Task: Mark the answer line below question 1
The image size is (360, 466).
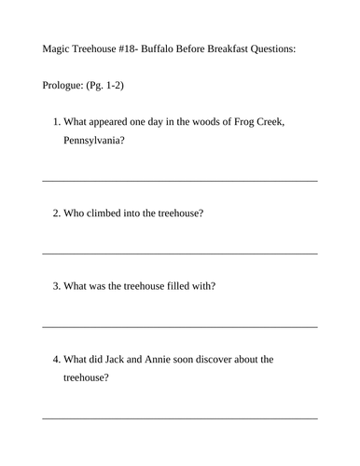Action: (x=180, y=181)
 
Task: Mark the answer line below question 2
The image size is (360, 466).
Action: (x=180, y=253)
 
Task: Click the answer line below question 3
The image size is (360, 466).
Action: (x=180, y=326)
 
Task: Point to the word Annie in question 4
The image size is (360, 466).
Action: (x=162, y=359)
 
